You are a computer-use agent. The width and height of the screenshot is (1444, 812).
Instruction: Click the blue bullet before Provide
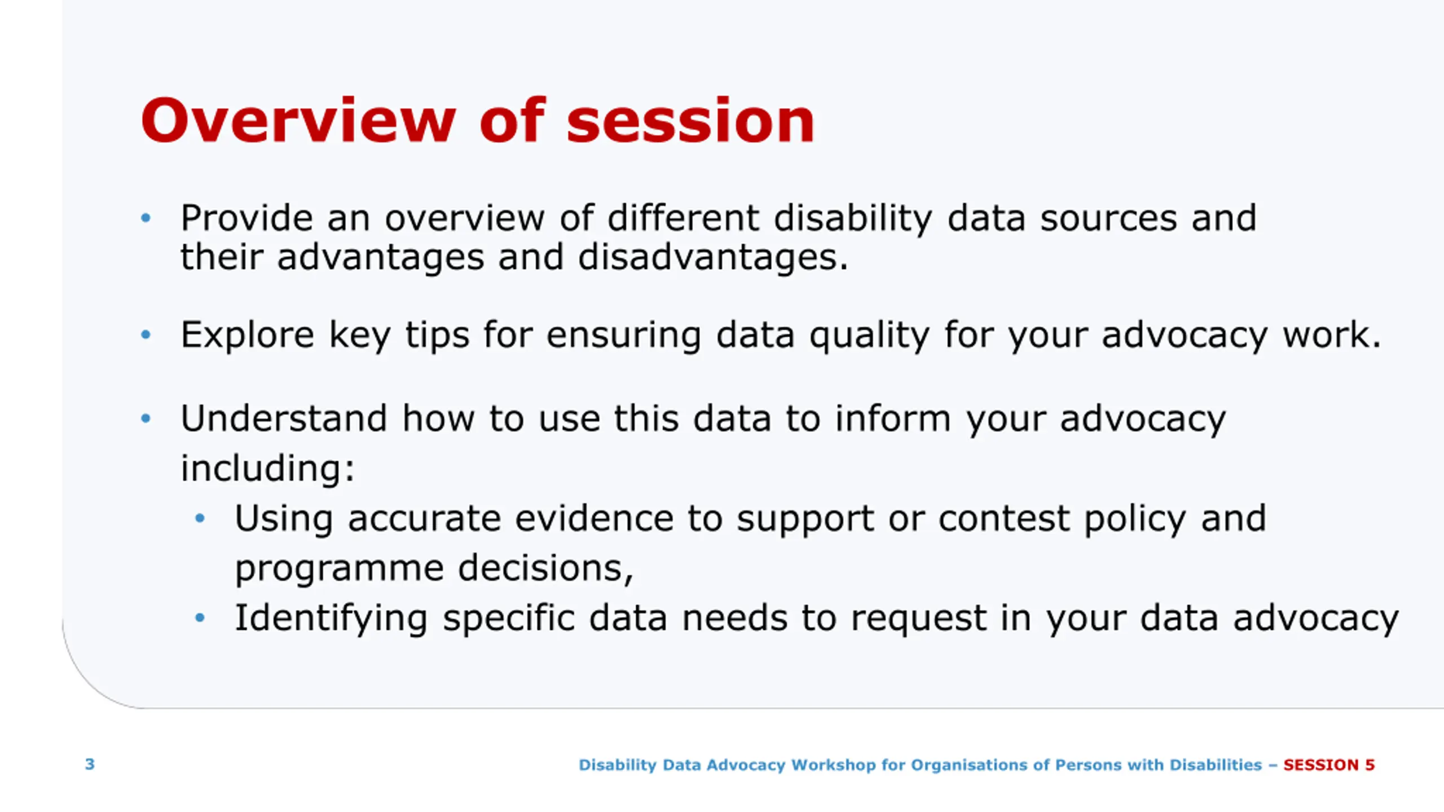(146, 218)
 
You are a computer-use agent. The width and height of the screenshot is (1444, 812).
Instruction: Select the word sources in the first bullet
(1108, 218)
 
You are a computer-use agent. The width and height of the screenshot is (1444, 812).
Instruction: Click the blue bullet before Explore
(146, 334)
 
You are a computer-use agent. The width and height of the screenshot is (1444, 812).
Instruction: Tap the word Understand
(284, 418)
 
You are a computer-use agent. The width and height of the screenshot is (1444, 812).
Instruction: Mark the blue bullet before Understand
(146, 418)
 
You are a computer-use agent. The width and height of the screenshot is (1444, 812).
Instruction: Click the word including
(267, 468)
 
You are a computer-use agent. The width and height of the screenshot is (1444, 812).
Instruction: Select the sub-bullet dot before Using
(200, 518)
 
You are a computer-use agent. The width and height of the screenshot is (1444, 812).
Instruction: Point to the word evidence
(594, 518)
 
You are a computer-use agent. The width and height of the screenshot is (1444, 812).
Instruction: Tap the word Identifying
(331, 619)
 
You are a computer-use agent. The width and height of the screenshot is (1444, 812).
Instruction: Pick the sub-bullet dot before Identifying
(200, 618)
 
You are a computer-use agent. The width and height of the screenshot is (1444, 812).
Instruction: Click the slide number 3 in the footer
(90, 764)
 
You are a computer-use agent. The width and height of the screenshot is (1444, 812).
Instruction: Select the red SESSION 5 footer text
(1329, 765)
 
